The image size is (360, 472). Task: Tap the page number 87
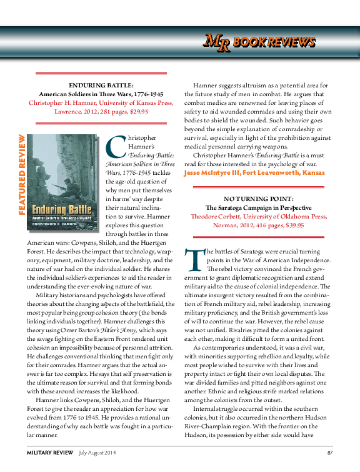point(329,452)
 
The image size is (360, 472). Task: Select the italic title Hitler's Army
point(128,330)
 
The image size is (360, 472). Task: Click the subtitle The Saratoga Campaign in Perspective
point(258,206)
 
